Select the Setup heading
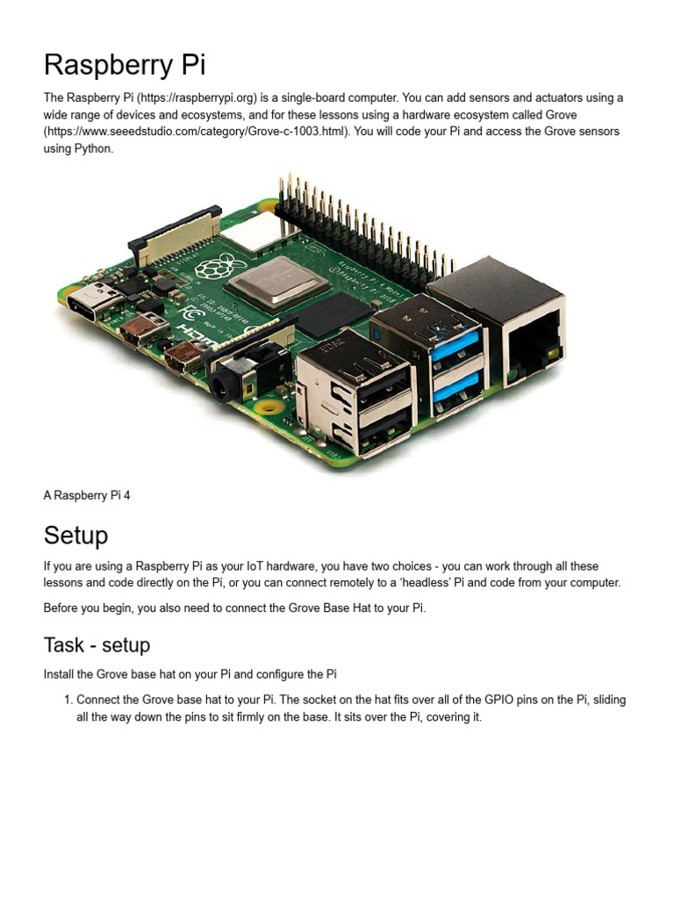coord(76,535)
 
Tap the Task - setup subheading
coord(97,645)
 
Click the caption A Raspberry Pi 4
coord(87,495)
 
